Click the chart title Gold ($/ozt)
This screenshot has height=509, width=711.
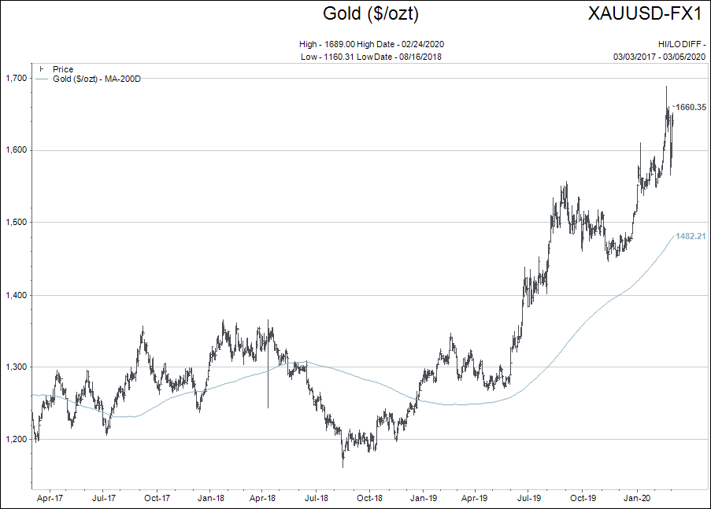pos(370,13)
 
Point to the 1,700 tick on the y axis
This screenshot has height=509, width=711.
pos(15,78)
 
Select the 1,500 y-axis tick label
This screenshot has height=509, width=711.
pos(15,223)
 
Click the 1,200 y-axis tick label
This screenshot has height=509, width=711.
pos(15,439)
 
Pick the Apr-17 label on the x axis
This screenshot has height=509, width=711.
pos(50,498)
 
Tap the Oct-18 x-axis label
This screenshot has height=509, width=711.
pos(369,498)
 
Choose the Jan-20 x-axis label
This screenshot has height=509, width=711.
pos(637,498)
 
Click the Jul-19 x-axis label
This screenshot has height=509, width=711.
pos(530,498)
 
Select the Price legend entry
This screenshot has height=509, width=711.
pos(62,69)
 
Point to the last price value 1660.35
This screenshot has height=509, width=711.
pos(689,107)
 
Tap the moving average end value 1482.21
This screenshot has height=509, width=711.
pos(689,236)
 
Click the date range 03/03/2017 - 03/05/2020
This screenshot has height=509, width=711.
pos(659,56)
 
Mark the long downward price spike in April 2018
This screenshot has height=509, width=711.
pos(268,385)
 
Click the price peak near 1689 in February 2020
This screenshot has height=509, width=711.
pos(666,87)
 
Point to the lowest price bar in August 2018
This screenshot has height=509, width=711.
pos(343,466)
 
